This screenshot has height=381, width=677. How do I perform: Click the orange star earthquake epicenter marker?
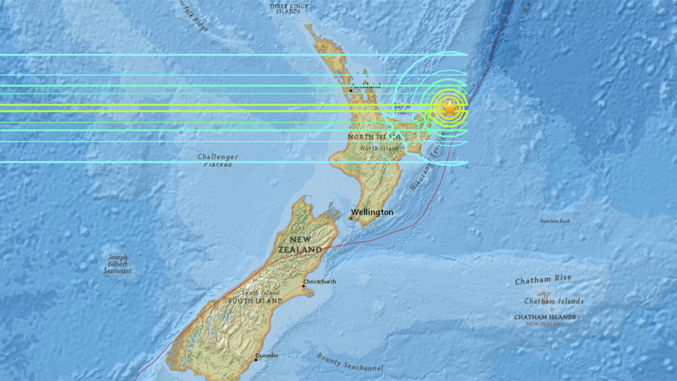tap(450, 108)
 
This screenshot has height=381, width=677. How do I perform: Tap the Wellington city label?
tap(372, 212)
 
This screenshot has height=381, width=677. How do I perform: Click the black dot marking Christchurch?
tap(303, 286)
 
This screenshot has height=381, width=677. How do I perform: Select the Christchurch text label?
tap(320, 282)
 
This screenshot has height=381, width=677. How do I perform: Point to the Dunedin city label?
tap(267, 355)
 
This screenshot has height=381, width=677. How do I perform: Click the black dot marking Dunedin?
tap(256, 360)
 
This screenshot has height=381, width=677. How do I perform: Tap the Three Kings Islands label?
tap(288, 9)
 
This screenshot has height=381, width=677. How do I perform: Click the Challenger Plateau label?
tap(218, 160)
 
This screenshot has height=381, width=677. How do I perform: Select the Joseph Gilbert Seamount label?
tap(118, 264)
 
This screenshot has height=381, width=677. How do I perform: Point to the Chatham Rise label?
tap(543, 279)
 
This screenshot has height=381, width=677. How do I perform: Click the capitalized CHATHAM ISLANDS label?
tap(545, 317)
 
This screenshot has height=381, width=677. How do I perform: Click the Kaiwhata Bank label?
tap(555, 221)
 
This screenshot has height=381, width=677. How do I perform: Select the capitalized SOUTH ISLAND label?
tap(255, 301)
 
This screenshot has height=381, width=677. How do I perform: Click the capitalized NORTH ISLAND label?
tap(374, 137)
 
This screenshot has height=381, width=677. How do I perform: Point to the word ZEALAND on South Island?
tap(300, 250)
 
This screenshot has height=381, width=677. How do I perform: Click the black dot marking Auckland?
tap(350, 91)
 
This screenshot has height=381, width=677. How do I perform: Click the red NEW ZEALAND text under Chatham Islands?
tap(545, 324)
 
